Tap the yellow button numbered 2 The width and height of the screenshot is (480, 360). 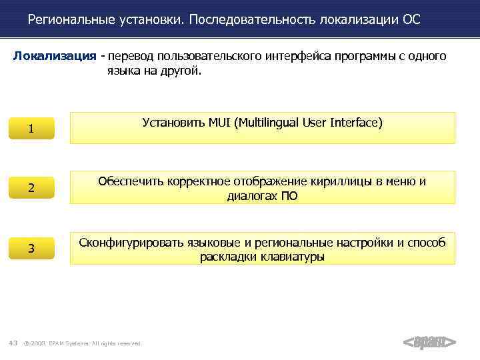coord(31,189)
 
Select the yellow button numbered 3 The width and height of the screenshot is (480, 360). coord(31,249)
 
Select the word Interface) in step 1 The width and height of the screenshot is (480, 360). coord(356,123)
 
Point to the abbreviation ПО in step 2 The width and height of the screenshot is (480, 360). coord(289,196)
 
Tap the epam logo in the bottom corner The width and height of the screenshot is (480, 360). coord(430,343)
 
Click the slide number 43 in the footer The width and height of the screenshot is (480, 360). coord(13,343)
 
